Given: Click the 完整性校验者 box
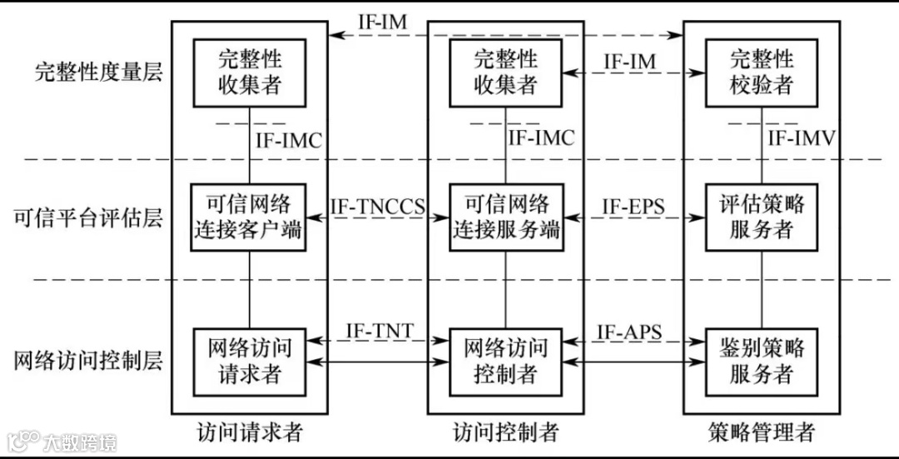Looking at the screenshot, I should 761,72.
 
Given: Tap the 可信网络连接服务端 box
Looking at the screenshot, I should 505,217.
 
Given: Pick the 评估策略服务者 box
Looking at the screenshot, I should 761,217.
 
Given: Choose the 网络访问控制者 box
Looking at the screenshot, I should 505,362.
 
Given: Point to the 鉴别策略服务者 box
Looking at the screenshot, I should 761,362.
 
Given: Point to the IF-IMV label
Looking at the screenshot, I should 802,138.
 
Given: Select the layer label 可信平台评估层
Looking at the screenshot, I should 87,218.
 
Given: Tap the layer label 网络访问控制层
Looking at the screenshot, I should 87,362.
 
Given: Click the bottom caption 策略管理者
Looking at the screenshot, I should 762,433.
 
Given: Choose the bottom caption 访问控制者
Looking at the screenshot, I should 505,433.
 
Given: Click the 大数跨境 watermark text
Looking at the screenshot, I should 81,442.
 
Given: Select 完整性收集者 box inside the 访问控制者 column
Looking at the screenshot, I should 505,72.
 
